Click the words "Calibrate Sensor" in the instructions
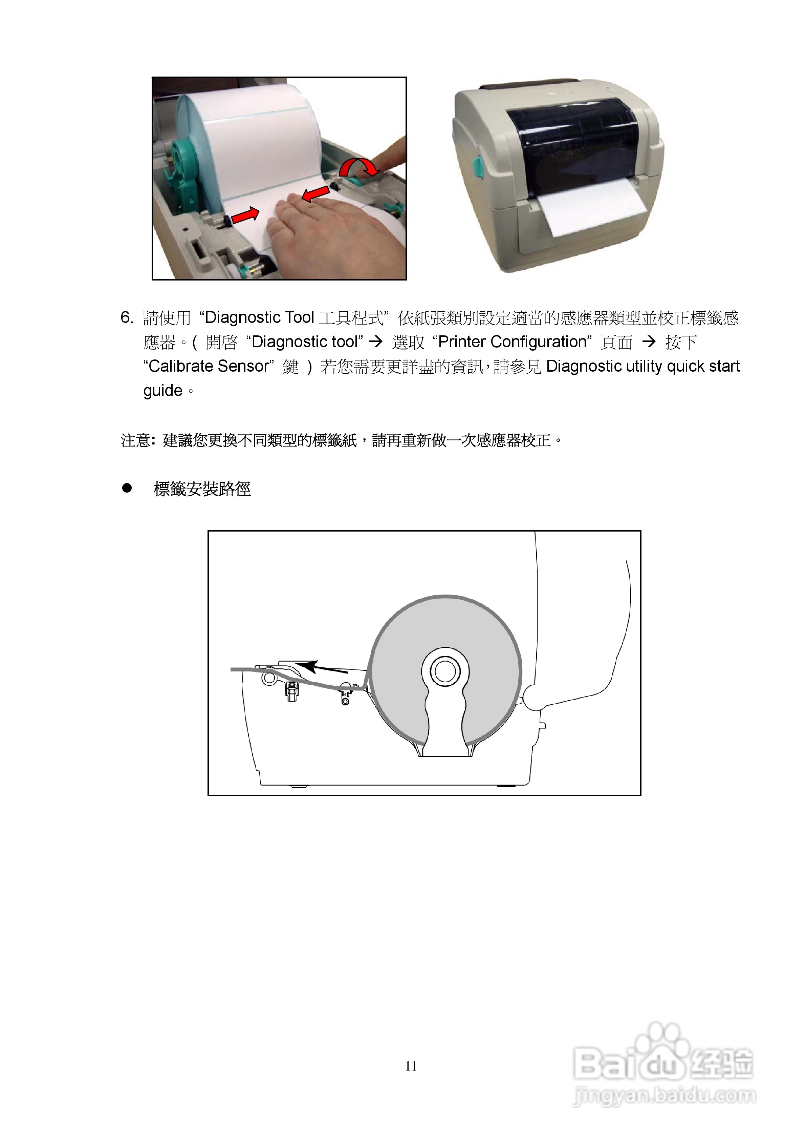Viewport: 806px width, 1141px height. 209,366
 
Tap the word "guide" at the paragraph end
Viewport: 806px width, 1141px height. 163,391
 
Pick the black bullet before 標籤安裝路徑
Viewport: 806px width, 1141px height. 127,488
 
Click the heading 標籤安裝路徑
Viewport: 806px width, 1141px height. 202,489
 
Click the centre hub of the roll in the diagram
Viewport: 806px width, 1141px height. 445,671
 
